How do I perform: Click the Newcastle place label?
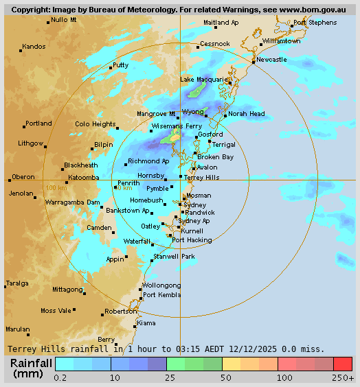(x=271, y=60)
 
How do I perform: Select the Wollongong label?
(x=161, y=285)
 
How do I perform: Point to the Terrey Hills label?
(x=202, y=177)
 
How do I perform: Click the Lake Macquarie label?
(x=203, y=80)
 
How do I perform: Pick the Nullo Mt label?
(x=64, y=20)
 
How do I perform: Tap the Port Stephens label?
(x=315, y=23)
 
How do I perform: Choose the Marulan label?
(x=18, y=329)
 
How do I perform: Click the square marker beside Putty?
(x=111, y=67)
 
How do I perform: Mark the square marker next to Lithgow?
(x=47, y=145)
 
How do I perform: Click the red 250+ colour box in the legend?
(x=343, y=364)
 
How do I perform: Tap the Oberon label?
(x=23, y=176)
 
